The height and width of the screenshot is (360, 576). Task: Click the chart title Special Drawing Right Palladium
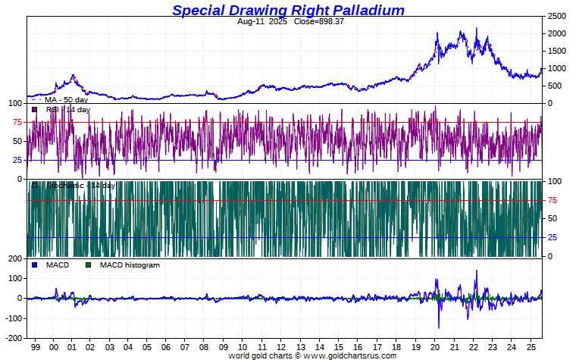(x=288, y=10)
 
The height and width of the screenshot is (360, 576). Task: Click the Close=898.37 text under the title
(x=313, y=22)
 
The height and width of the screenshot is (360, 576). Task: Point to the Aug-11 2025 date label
(x=256, y=22)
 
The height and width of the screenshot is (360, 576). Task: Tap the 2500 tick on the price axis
(x=557, y=16)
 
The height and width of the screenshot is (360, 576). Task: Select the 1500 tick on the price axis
(x=557, y=51)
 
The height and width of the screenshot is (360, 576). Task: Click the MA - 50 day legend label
(x=66, y=99)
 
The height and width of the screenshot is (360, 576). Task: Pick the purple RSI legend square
(x=34, y=110)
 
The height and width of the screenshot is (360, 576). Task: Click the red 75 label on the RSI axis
(x=17, y=122)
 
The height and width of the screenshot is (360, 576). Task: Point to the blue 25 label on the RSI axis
(x=17, y=160)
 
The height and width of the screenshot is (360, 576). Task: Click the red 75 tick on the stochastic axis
(x=553, y=200)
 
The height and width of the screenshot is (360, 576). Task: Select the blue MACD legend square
(x=34, y=265)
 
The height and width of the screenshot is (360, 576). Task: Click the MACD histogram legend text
(x=130, y=265)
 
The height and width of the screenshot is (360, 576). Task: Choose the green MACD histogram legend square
(x=88, y=265)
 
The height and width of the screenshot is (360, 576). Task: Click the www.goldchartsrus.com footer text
(x=349, y=355)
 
